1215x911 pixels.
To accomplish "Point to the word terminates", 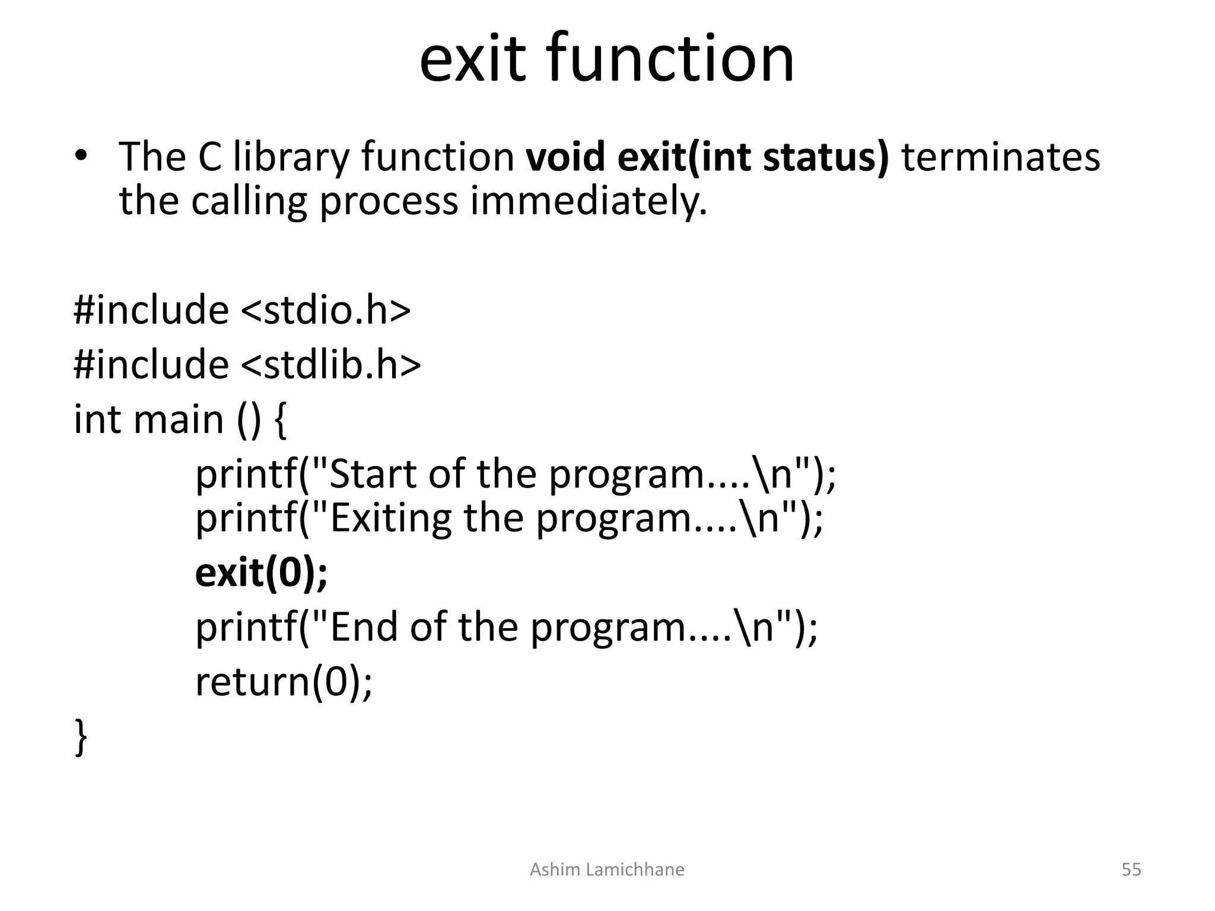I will pyautogui.click(x=1000, y=157).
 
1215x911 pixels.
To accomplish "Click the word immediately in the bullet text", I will pyautogui.click(x=589, y=202).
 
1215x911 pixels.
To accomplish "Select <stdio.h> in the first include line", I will pyautogui.click(x=326, y=310).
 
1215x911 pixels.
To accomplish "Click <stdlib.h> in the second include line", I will pyautogui.click(x=331, y=364).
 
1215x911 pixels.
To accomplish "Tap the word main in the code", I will pyautogui.click(x=179, y=419).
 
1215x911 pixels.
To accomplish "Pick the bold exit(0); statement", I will pyautogui.click(x=261, y=573).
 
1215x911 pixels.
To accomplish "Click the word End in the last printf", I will pyautogui.click(x=363, y=627).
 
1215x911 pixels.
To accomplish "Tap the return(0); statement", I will pyautogui.click(x=284, y=682).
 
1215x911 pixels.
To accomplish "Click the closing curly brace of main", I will pyautogui.click(x=81, y=737).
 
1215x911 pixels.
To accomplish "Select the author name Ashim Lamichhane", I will pyautogui.click(x=606, y=869).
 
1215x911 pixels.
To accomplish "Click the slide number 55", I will pyautogui.click(x=1131, y=869).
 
